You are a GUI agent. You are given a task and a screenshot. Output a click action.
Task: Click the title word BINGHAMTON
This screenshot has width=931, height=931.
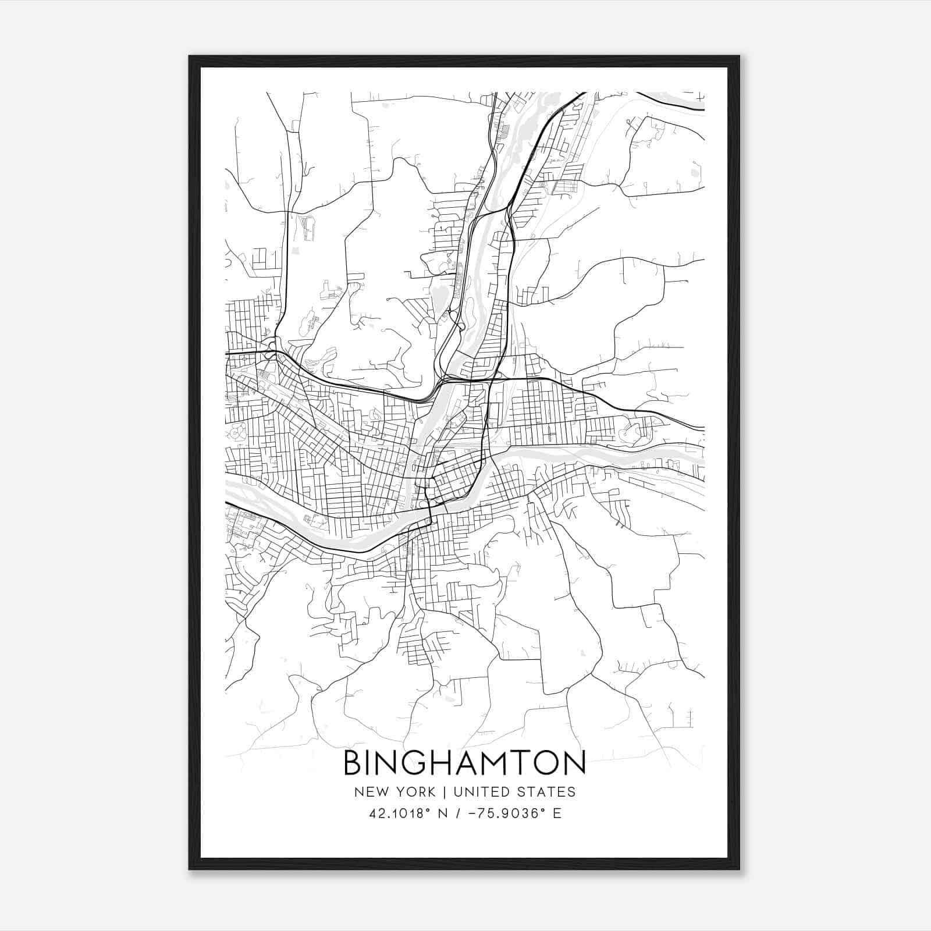(x=464, y=763)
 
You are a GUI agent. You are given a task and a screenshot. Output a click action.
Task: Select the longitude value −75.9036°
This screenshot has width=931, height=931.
(x=508, y=813)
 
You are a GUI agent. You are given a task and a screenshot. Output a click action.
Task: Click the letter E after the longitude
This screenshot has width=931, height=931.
(x=557, y=813)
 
